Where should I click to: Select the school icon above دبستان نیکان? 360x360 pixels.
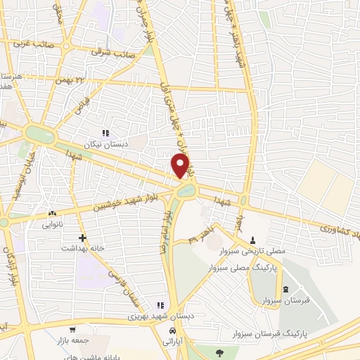[x=106, y=132]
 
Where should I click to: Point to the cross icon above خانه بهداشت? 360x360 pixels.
[x=83, y=238]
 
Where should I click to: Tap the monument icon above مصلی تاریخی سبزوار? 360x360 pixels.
[x=253, y=240]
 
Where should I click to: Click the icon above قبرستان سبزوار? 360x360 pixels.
[x=285, y=290]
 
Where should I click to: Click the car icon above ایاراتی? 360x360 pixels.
[x=172, y=330]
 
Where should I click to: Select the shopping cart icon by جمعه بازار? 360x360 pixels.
[x=72, y=329]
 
